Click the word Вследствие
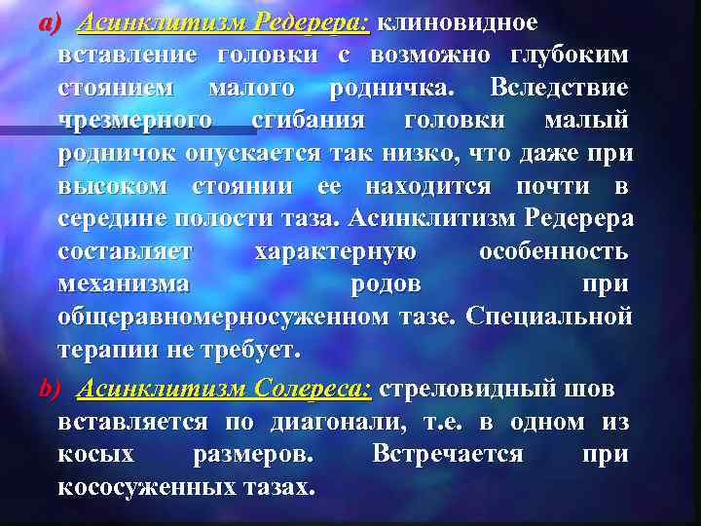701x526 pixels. click(x=559, y=89)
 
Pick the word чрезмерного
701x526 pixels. click(x=135, y=122)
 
